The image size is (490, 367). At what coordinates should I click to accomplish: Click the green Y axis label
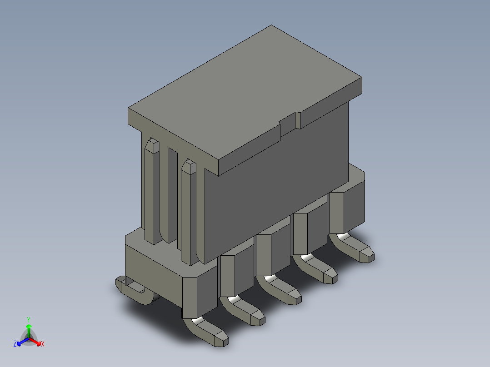(29, 320)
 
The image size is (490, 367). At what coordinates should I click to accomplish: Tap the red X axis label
(43, 344)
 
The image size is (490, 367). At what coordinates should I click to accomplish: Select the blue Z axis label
(15, 344)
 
